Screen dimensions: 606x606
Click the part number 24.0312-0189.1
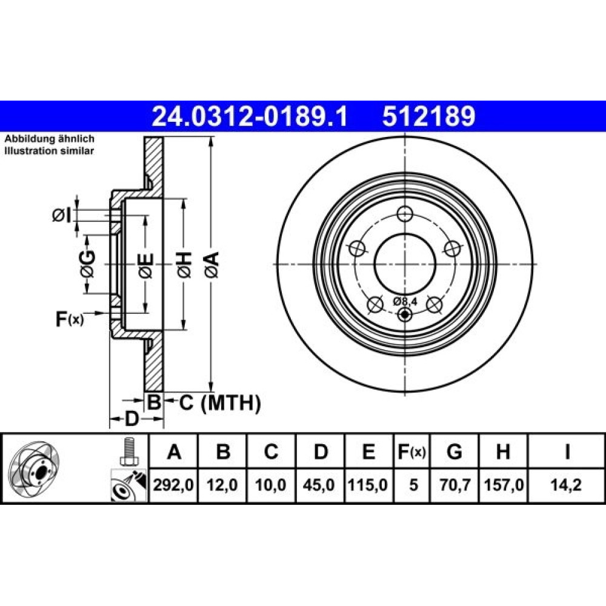coord(250,116)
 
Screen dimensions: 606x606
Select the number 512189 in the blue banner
coord(428,116)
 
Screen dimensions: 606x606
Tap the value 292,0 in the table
coord(173,485)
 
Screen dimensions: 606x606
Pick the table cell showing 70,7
coord(454,485)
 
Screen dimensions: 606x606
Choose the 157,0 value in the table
coord(504,485)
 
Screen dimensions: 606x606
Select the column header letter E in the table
coord(368,451)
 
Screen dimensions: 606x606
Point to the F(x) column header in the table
coord(412,451)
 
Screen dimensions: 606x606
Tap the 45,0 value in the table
coord(319,485)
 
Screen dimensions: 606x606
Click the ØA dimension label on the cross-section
coord(212,265)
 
